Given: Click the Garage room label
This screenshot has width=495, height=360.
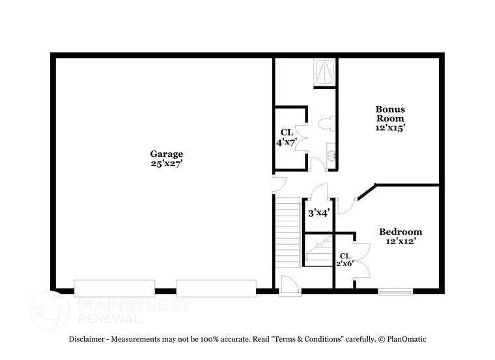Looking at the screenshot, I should tap(167, 154).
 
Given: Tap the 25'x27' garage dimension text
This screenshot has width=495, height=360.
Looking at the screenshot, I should tap(167, 164).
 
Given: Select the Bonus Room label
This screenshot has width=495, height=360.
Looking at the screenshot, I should tap(389, 114).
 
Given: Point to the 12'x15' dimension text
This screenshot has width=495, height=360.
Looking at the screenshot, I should tap(389, 128).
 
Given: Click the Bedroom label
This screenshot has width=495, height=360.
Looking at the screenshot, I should tap(401, 232).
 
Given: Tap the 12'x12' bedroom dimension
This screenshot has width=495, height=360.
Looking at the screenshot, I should tap(401, 242).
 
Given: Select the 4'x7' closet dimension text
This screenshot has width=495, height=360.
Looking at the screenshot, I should tap(287, 141).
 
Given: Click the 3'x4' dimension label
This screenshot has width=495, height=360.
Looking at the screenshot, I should tap(318, 212).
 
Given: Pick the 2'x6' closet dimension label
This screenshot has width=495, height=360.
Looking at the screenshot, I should tap(345, 264).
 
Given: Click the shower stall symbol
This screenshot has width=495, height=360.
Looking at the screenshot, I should tap(324, 72).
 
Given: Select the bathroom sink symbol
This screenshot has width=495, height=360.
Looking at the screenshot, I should tap(331, 155).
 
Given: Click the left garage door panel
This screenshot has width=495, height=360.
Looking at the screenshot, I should tap(115, 288).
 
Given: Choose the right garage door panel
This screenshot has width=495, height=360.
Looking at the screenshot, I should tap(216, 288).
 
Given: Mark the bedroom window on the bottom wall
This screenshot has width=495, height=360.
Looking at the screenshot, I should tap(396, 291).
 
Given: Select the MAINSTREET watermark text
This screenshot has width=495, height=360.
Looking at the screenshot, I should tap(134, 305).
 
